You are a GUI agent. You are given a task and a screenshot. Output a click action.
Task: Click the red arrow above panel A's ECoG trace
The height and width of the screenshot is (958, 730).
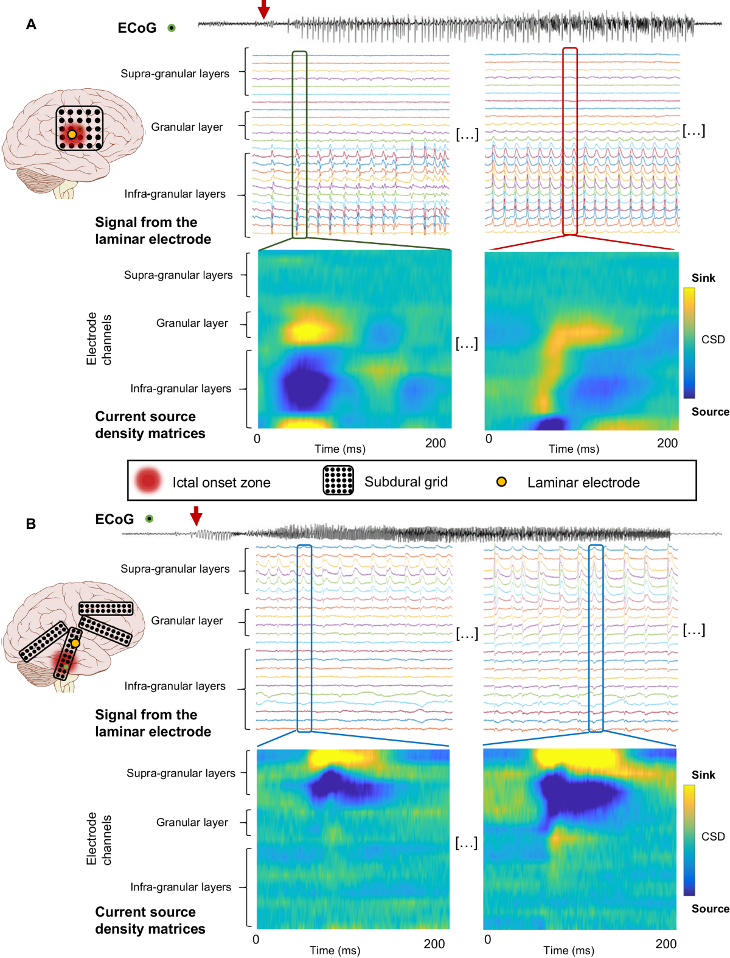pos(263,9)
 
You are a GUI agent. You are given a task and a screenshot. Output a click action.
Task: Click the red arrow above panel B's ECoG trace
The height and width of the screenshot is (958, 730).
pos(196,516)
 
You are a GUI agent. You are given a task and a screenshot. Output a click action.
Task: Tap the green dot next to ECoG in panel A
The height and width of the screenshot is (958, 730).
pos(172,27)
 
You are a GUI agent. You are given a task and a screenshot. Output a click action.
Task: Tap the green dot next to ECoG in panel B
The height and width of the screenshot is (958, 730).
pos(149,519)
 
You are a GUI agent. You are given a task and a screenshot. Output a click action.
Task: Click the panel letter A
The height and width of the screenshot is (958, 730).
pos(31,24)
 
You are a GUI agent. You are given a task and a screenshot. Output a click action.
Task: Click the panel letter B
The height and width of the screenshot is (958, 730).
pos(31,523)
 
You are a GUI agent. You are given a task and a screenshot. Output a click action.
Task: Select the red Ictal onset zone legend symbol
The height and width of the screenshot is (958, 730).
pos(148,481)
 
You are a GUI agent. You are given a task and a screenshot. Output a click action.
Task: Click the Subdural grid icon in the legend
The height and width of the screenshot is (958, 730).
pos(338,480)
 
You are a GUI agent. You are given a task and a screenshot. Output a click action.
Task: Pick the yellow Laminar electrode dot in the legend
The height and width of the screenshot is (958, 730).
pos(501,482)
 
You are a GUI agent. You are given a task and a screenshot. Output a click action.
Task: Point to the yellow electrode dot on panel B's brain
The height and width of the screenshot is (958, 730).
pos(75,643)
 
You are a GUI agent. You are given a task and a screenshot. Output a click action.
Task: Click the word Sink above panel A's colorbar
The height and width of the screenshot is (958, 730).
pos(703,278)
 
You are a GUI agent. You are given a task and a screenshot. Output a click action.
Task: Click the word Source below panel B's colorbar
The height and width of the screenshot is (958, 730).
pos(710,909)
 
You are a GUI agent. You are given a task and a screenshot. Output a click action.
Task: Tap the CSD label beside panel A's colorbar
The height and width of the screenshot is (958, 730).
pos(713,340)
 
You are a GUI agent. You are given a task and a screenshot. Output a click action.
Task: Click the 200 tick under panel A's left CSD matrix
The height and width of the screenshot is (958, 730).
pos(436,443)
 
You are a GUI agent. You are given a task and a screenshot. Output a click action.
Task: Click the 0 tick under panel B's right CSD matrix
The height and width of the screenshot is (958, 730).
pos(487,939)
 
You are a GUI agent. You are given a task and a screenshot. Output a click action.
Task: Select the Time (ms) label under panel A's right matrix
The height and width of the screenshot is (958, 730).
pos(574,449)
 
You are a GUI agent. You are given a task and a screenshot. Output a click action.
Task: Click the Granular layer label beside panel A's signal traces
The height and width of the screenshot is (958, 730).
pos(187,127)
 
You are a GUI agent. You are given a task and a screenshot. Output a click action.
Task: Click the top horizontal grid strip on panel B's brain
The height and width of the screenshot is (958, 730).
pos(106,608)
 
